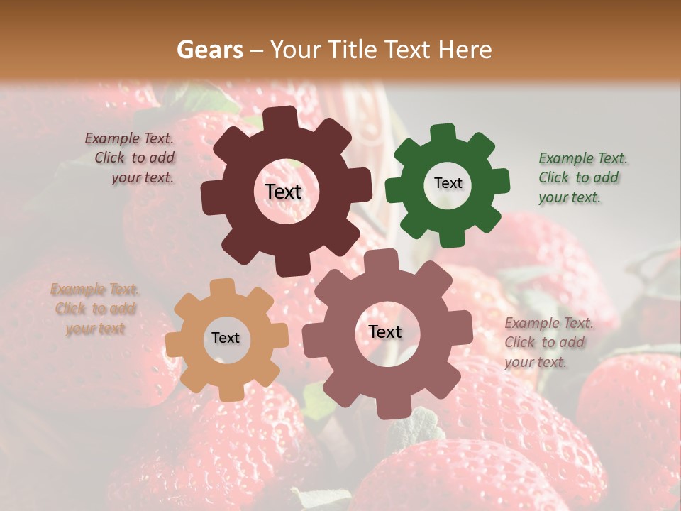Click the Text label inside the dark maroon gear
click(x=283, y=192)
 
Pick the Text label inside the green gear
click(x=448, y=183)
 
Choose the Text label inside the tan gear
click(x=226, y=338)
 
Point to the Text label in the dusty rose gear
click(x=385, y=331)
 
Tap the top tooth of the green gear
click(x=443, y=133)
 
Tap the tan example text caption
click(x=95, y=309)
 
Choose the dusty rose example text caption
click(x=548, y=342)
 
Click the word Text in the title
click(x=409, y=50)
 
